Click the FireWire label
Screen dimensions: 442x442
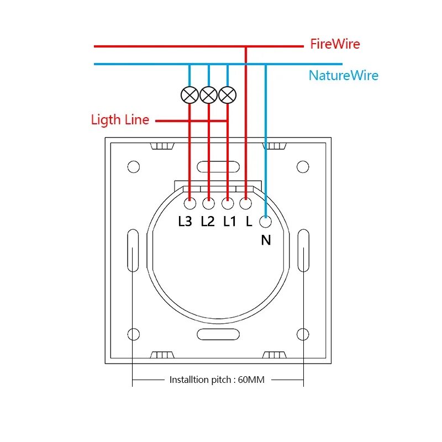pos(335,44)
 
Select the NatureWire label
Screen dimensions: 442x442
pos(344,75)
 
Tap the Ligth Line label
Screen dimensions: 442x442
pos(120,119)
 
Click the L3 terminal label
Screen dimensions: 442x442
pos(185,222)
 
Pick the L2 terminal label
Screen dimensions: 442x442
pos(207,222)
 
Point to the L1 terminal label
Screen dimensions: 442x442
pos(229,222)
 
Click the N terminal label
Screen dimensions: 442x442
pos(266,240)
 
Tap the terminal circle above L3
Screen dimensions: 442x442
pos(190,204)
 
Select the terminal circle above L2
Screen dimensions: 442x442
pos(208,204)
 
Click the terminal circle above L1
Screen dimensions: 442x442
pos(227,204)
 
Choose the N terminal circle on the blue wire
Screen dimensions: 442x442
pos(266,222)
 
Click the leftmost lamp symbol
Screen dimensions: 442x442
pos(190,95)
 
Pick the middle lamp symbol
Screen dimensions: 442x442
pos(208,95)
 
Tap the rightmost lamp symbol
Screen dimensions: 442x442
pos(227,95)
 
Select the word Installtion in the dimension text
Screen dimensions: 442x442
pos(190,380)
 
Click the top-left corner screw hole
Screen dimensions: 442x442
pos(133,166)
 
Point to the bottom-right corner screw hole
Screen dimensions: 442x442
pos(302,334)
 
